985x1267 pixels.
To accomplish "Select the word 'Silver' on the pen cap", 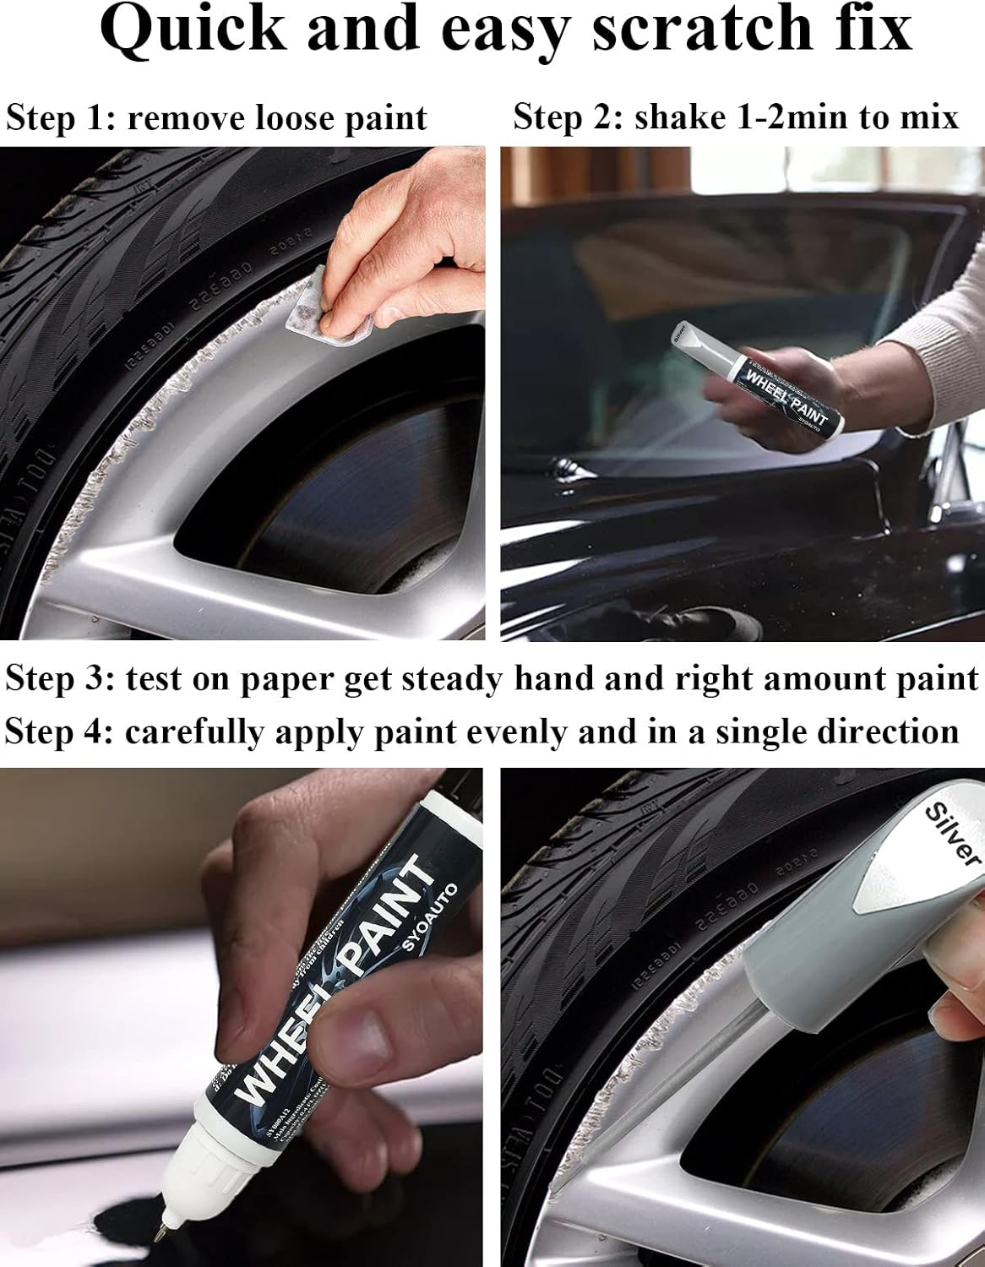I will (951, 832).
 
